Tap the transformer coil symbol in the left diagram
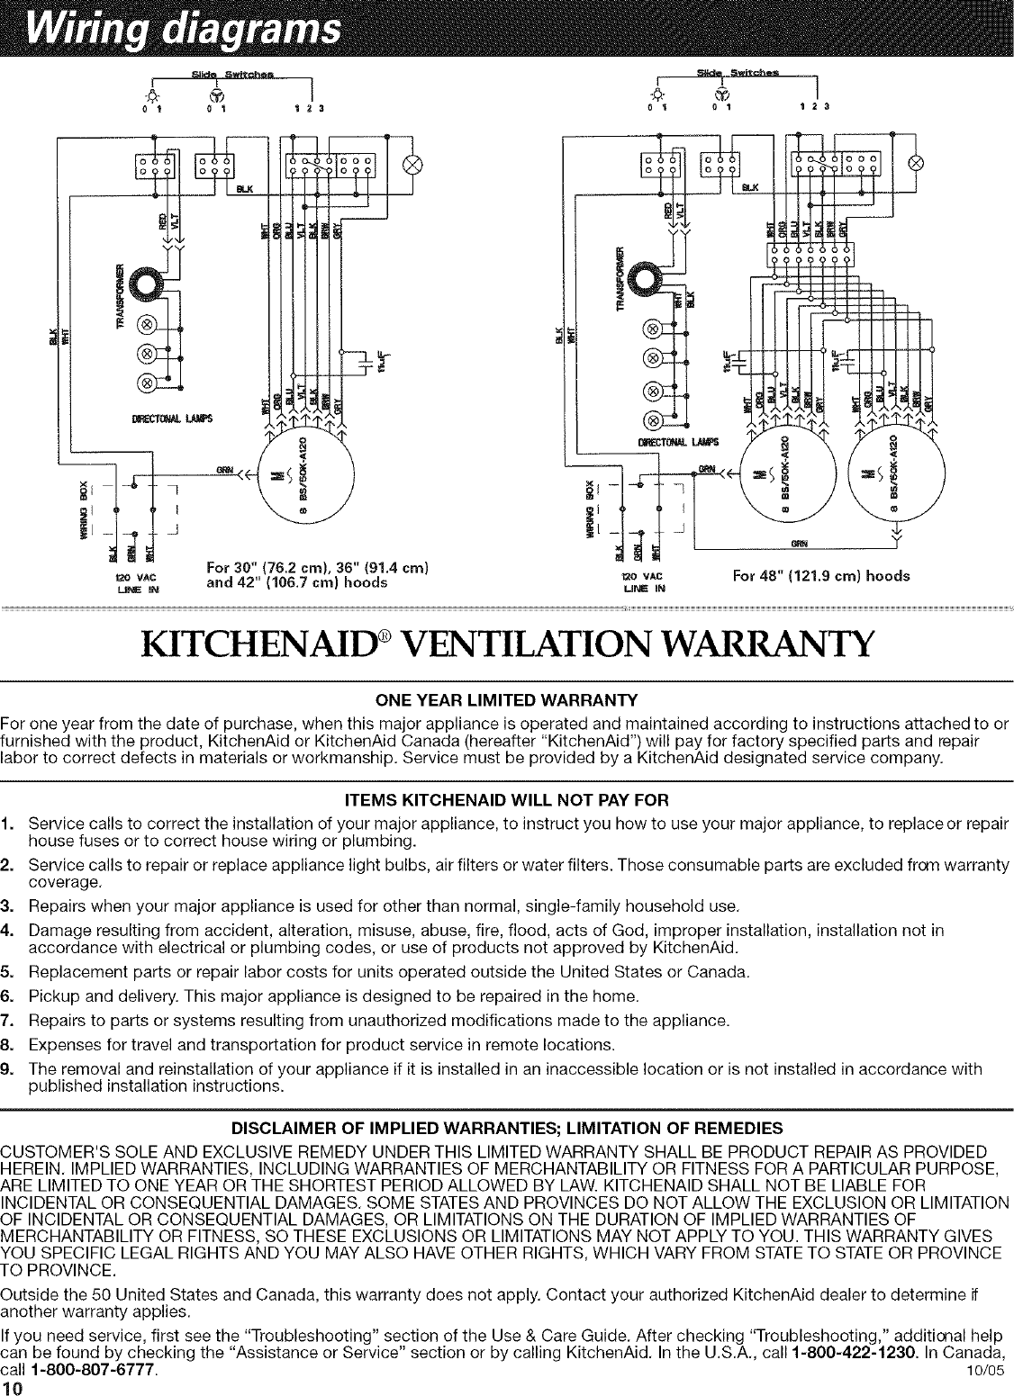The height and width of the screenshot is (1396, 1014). click(145, 285)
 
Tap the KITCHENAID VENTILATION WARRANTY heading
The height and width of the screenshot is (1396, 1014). click(507, 644)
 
